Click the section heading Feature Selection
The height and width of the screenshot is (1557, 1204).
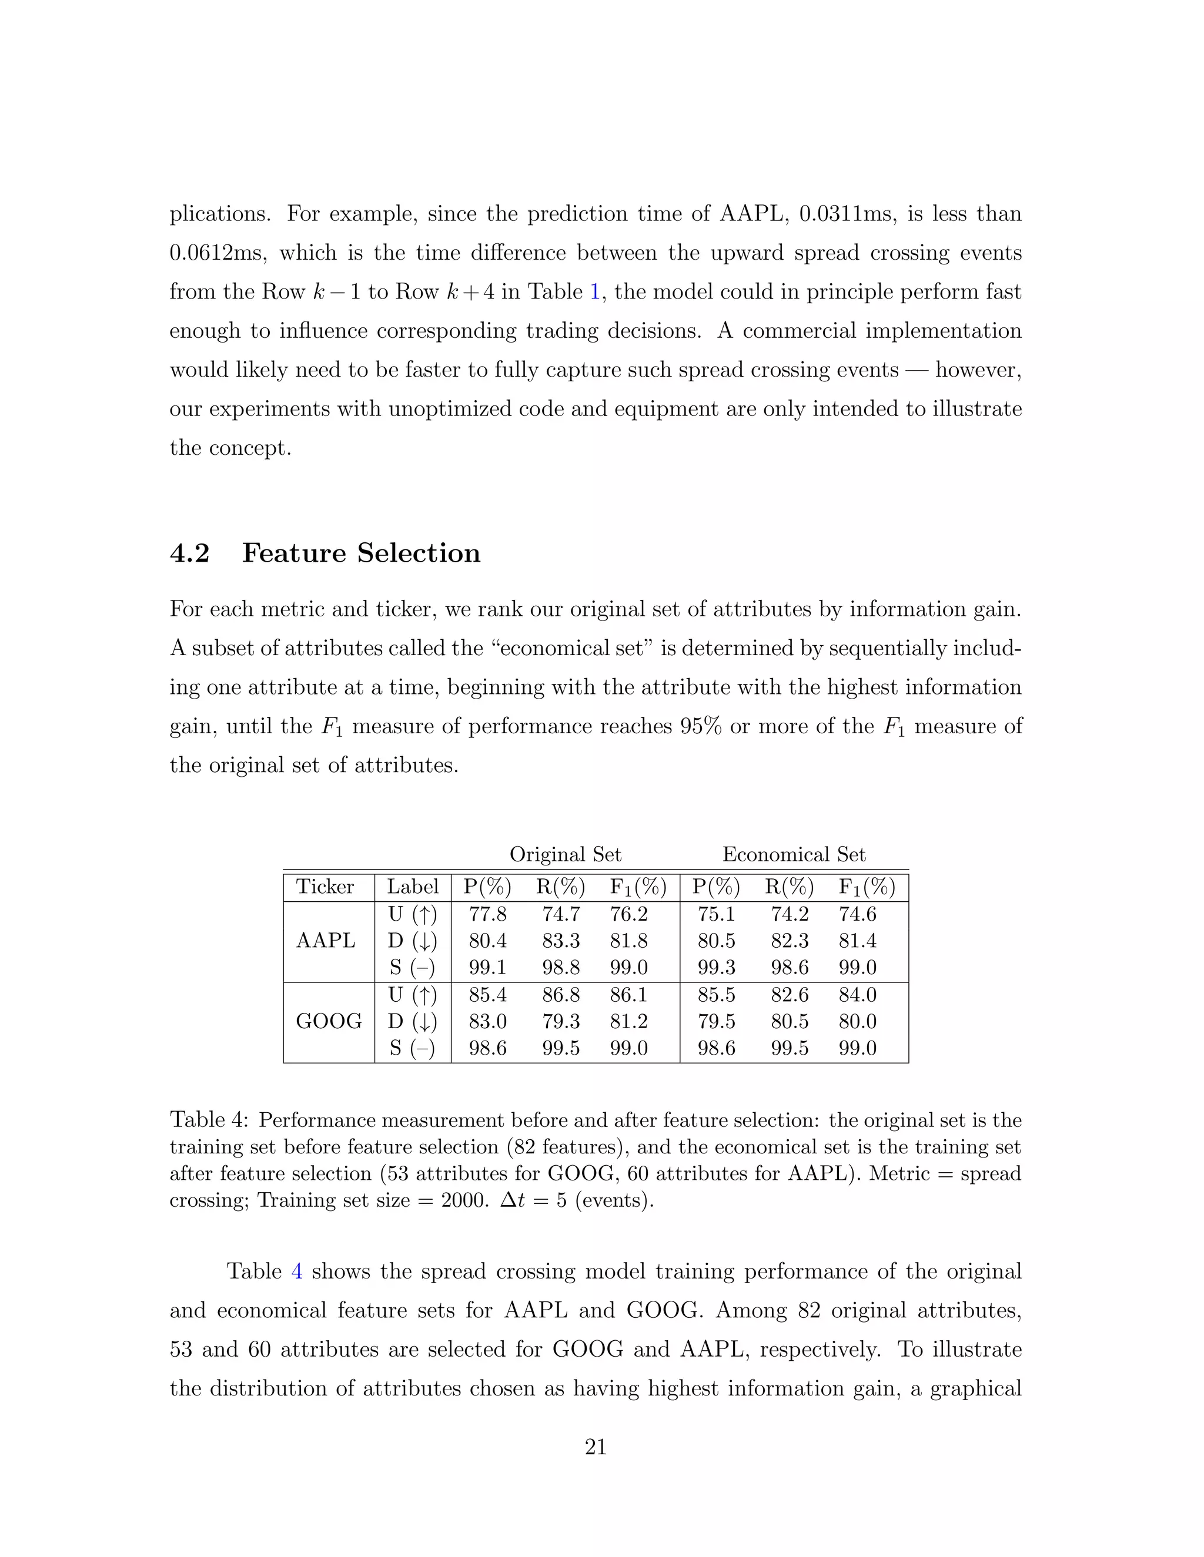pos(360,553)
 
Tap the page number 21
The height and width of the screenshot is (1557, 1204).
pos(596,1447)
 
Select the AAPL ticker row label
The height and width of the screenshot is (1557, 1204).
pos(325,941)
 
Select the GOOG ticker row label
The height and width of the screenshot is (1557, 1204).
pos(328,1022)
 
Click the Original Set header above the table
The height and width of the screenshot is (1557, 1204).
pos(565,855)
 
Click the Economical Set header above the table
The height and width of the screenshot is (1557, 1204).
pos(793,855)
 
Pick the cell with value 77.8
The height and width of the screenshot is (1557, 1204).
pos(487,915)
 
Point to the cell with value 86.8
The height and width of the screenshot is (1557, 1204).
pos(561,995)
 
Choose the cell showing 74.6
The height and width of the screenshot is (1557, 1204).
pos(857,915)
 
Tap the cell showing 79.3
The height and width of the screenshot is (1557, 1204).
pos(561,1022)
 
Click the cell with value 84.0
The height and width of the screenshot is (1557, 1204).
pos(857,995)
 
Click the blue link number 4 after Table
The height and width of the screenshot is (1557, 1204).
pos(297,1272)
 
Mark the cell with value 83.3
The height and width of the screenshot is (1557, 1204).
pos(561,941)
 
